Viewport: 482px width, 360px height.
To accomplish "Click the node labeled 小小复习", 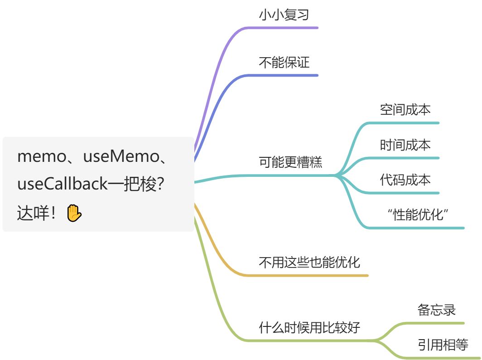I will click(x=284, y=15).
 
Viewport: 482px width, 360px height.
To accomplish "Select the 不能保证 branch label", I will click(x=284, y=63).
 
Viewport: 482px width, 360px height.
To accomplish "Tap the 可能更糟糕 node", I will click(x=290, y=162).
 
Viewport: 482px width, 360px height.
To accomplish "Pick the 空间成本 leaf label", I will click(x=405, y=110).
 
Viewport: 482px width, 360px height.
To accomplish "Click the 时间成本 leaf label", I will click(x=405, y=145).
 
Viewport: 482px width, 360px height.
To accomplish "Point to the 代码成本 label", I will click(x=405, y=180).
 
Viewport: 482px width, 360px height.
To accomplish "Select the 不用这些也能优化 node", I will click(x=309, y=262).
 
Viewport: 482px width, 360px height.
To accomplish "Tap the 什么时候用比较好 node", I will click(x=309, y=327).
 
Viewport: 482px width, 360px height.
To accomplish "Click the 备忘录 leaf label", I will click(x=436, y=310).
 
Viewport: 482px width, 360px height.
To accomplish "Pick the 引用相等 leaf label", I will click(x=443, y=345).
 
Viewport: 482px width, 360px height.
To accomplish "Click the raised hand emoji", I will click(x=74, y=213).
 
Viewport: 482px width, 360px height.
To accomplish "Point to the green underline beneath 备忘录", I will click(x=435, y=323).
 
